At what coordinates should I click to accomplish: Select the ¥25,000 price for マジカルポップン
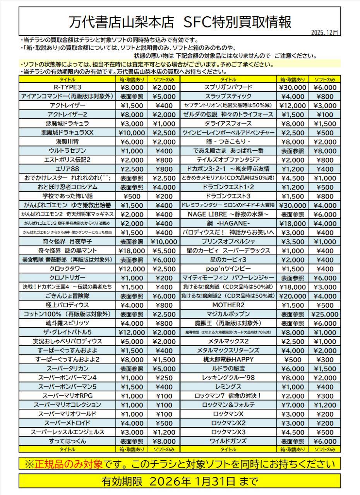324,314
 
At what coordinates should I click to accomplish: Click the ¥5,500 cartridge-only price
164,251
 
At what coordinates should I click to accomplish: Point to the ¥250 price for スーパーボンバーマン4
164,378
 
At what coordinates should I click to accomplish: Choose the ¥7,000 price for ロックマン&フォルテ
292,405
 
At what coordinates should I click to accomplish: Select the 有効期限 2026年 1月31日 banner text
180,481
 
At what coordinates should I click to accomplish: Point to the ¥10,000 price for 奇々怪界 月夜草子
164,242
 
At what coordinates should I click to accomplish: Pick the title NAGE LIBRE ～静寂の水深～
228,214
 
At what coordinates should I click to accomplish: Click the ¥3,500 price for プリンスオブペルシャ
292,242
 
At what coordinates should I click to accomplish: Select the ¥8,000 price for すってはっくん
164,441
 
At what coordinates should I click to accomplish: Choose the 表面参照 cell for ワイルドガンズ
292,441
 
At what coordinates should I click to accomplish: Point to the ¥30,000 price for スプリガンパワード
292,87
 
